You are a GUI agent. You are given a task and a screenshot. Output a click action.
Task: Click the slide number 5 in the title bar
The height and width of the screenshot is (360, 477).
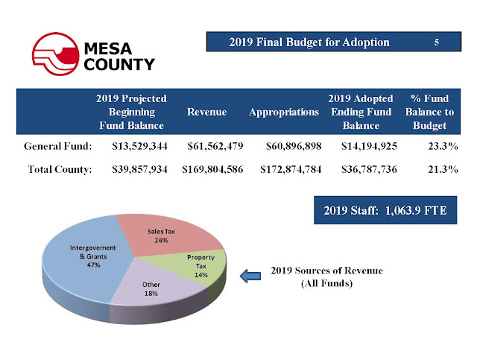435,42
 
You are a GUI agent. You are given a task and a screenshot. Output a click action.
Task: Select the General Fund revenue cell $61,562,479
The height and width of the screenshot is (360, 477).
215,146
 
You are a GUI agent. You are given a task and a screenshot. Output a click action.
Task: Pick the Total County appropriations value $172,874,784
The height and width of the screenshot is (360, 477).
291,169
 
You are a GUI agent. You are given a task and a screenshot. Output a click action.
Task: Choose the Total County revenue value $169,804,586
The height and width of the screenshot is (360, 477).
213,169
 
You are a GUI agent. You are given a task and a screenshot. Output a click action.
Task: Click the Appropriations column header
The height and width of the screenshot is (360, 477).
283,112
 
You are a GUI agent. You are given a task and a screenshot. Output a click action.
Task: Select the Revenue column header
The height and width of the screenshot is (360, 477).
207,112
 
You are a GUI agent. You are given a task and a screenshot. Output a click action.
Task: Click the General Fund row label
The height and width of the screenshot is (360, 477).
57,146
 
